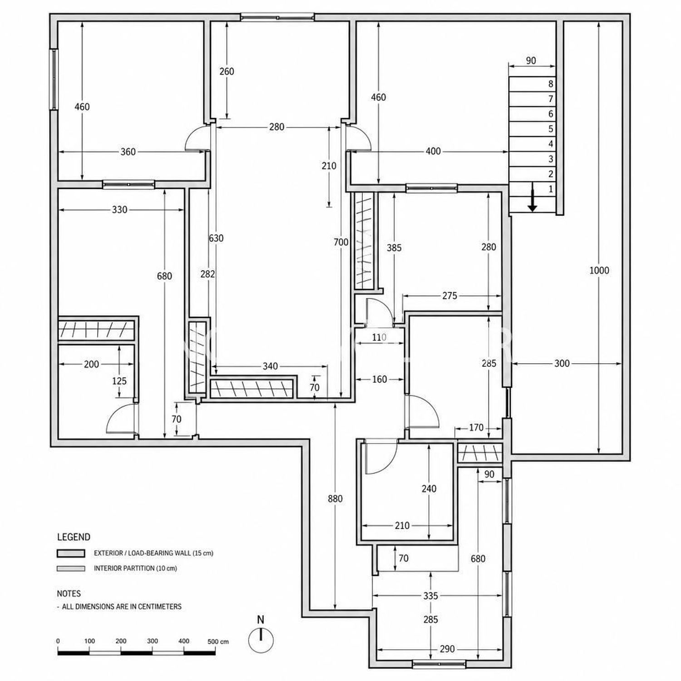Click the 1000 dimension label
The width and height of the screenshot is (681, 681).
[599, 271]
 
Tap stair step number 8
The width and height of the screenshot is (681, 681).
[551, 84]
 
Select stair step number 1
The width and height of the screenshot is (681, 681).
[551, 189]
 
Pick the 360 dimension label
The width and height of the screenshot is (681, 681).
[128, 152]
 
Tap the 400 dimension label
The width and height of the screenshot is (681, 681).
[434, 151]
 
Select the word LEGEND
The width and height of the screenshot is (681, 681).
[74, 537]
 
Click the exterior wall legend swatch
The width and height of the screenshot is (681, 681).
[71, 553]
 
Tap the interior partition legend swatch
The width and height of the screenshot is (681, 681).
[71, 568]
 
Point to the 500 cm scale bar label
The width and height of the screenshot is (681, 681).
[218, 642]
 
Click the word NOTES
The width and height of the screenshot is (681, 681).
[69, 593]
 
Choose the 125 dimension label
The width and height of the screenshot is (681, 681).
[119, 381]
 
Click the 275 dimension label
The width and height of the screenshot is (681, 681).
[449, 296]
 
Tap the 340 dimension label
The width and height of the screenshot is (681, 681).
[270, 366]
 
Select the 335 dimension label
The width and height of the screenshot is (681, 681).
[430, 595]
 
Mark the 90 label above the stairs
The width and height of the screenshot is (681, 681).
[531, 61]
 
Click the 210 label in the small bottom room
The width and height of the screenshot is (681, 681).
[402, 526]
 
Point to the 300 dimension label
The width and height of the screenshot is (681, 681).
[562, 363]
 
